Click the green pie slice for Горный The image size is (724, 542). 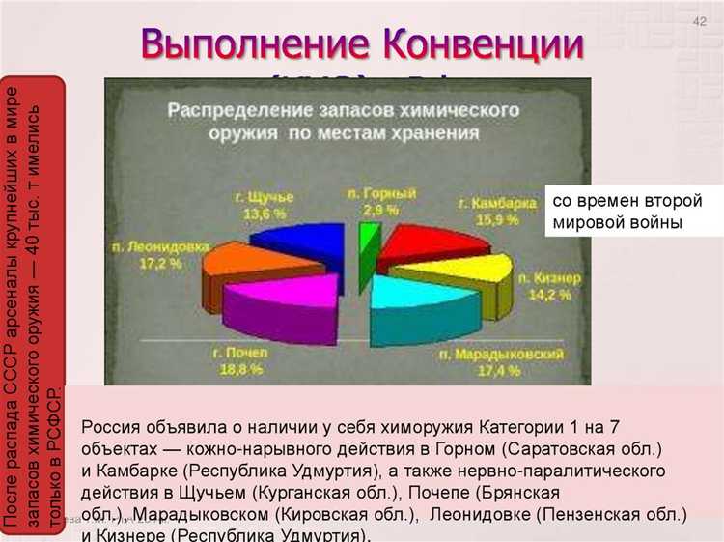click(366, 242)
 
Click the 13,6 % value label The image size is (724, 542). click(264, 213)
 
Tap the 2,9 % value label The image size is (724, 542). click(380, 209)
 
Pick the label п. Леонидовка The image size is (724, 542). click(168, 246)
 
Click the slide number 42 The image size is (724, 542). click(700, 22)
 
